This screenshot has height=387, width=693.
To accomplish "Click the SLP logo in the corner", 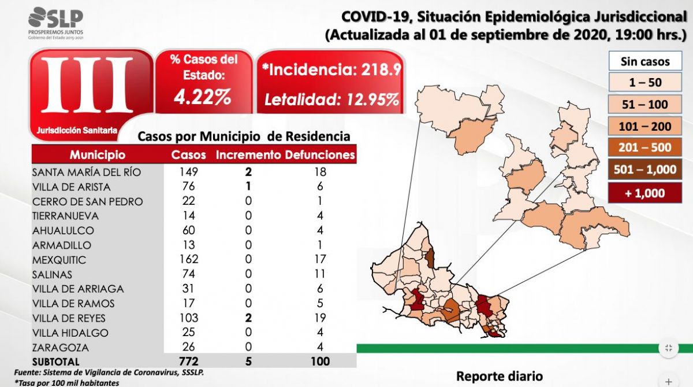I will coord(55,23).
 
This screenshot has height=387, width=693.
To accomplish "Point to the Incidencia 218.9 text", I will coord(331,71).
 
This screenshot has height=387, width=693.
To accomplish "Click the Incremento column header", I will coord(248,155).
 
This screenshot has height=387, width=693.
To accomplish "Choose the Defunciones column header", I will coord(320,155).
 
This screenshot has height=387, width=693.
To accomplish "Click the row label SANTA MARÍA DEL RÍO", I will coord(86,172).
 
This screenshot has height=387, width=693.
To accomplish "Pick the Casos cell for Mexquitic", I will coord(188,259).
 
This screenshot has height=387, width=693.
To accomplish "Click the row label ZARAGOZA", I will coord(61,347).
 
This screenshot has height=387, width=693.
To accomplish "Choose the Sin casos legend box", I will coord(645,61).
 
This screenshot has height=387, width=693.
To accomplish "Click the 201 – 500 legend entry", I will coord(645,148).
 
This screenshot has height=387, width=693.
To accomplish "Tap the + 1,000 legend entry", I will coord(645,193).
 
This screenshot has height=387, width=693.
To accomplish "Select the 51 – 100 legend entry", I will coord(645,105).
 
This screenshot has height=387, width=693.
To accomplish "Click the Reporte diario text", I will coord(500,376).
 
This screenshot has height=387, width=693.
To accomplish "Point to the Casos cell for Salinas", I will coord(188,274).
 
